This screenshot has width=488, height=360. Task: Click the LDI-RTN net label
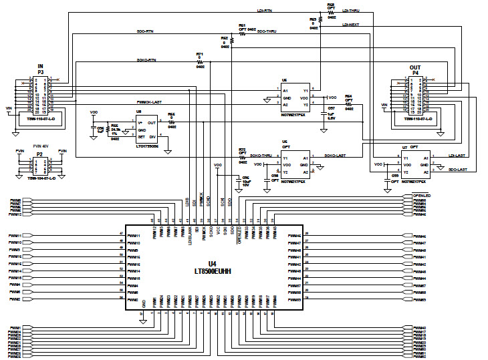click(264, 11)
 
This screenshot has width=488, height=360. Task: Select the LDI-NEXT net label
click(351, 25)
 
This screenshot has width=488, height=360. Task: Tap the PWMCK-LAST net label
click(149, 102)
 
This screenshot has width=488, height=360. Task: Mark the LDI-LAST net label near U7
click(457, 155)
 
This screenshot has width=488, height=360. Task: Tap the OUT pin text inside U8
click(151, 122)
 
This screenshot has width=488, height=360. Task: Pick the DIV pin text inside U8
click(152, 136)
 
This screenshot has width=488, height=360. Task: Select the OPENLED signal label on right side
click(420, 196)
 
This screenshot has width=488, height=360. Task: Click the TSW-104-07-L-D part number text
click(40, 179)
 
